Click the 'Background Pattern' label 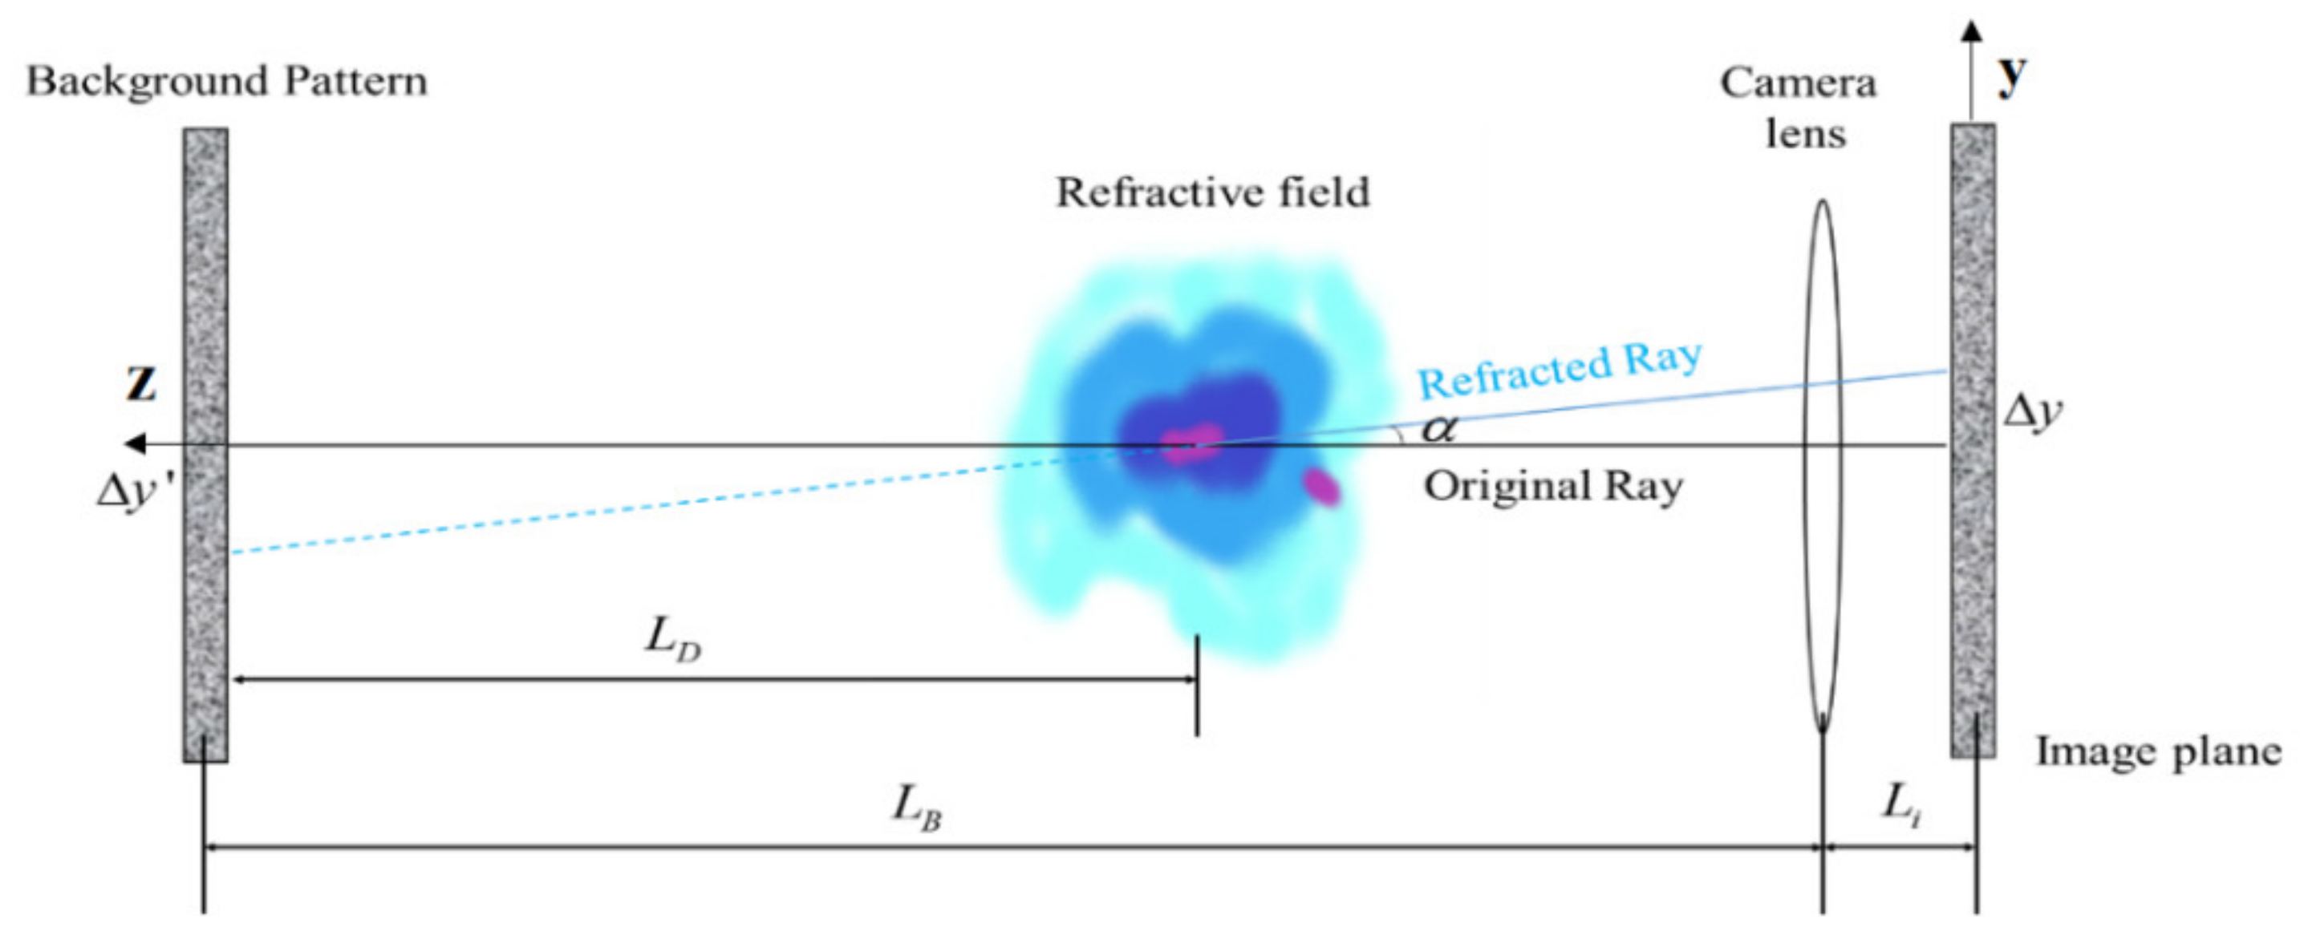pos(226,81)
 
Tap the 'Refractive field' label pos(1212,192)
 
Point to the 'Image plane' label pos(2158,751)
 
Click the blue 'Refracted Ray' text pos(1560,370)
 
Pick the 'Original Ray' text pos(1552,488)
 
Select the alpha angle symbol pos(1438,430)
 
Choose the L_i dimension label pos(1900,803)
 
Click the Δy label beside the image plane pos(2033,413)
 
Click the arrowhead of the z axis pos(135,443)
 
